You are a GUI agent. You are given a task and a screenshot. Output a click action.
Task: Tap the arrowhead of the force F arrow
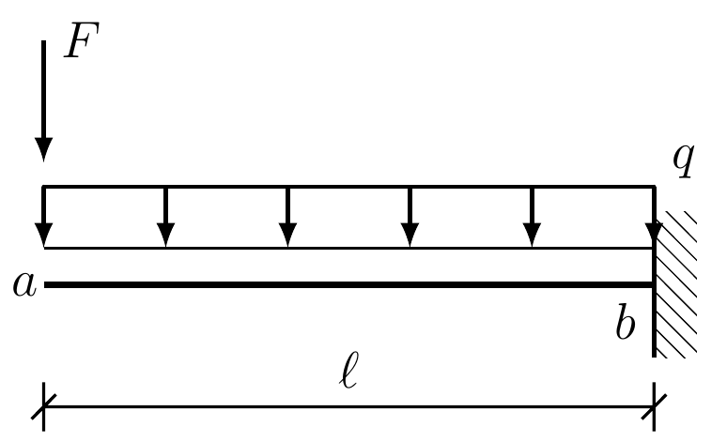click(x=43, y=149)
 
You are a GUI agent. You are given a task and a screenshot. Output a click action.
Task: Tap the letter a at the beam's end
click(x=24, y=284)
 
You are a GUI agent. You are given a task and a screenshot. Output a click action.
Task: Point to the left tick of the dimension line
click(x=43, y=408)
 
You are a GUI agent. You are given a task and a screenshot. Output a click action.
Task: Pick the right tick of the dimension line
click(x=655, y=408)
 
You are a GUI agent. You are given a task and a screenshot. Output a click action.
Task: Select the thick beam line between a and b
click(x=348, y=283)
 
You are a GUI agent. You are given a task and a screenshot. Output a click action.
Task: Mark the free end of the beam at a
click(x=46, y=283)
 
